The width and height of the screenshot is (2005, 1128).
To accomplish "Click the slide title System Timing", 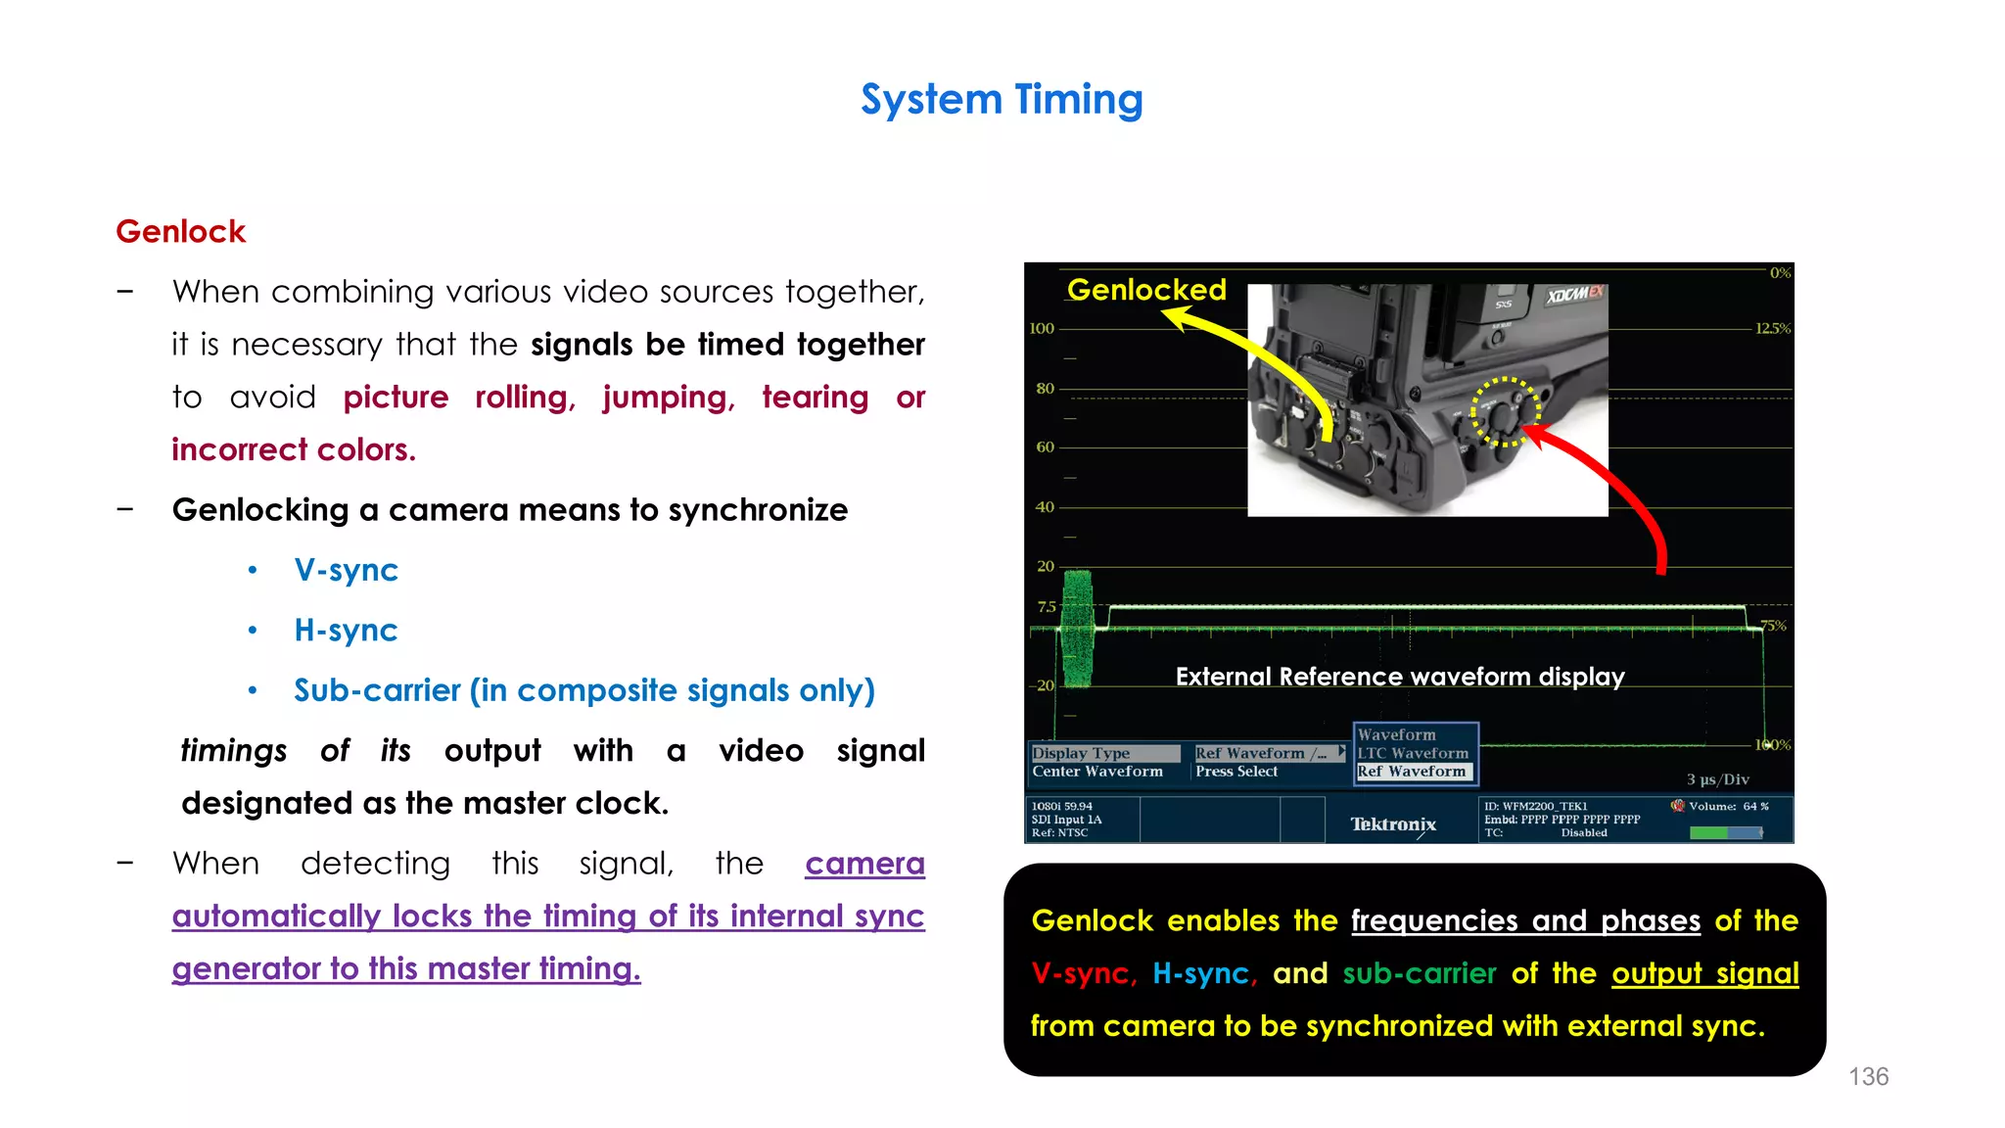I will (1002, 100).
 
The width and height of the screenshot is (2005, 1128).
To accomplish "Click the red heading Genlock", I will (180, 232).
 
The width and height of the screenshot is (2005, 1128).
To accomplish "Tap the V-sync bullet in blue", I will (346, 570).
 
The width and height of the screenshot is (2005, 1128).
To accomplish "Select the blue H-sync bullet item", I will (346, 630).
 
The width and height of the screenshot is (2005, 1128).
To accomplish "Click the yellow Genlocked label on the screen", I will (1145, 290).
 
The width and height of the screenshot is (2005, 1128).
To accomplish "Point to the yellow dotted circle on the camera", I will (1506, 412).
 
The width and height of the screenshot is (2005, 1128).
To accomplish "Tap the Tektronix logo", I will (1392, 824).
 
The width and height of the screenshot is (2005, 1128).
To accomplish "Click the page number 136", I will (1868, 1076).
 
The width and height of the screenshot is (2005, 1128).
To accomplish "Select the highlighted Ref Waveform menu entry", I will (1412, 772).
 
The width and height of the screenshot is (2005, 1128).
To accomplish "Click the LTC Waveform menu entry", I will (1412, 753).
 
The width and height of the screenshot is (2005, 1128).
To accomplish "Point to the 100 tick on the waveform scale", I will (1042, 329).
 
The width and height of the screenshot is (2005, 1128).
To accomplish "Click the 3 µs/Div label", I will (1717, 779).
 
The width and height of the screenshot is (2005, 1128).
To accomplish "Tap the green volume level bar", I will (1709, 832).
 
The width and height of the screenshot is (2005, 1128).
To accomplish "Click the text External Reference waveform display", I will (1399, 677).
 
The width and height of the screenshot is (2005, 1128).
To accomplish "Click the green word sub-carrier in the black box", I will (1419, 973).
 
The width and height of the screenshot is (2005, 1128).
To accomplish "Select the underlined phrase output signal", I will (1704, 973).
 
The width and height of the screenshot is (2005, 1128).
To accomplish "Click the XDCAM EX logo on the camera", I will (1574, 295).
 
